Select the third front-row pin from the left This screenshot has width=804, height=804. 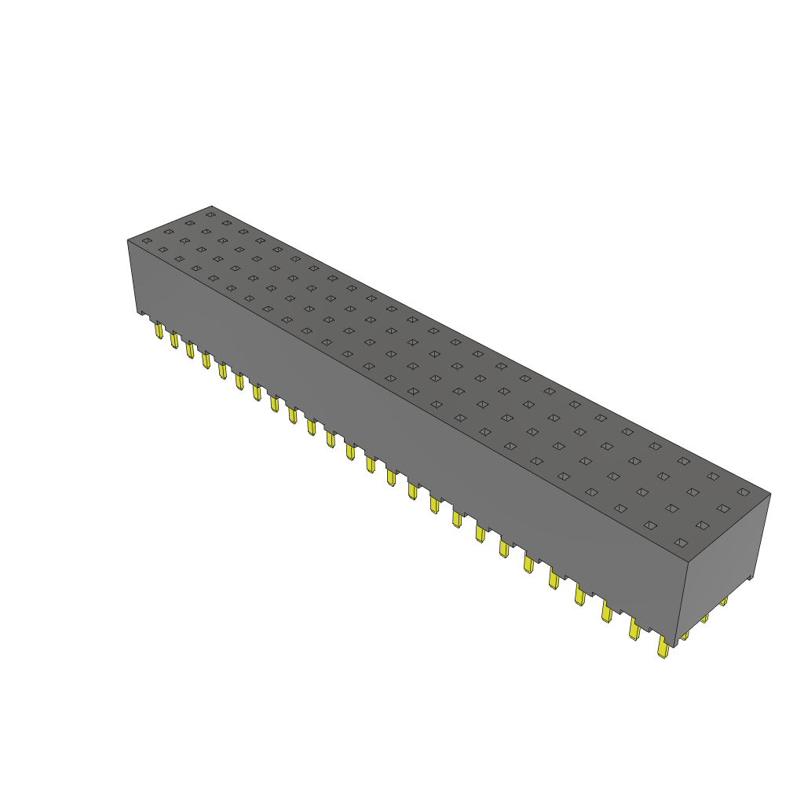click(x=189, y=349)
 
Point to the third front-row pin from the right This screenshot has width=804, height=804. click(x=606, y=611)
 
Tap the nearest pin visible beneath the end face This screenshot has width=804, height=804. click(x=685, y=634)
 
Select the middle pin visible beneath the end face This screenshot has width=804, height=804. click(x=704, y=618)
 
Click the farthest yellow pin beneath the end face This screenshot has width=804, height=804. click(x=723, y=601)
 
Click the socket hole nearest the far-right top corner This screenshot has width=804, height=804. click(x=743, y=492)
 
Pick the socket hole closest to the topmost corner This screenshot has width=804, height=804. click(x=210, y=214)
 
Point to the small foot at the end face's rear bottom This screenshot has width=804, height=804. click(x=751, y=578)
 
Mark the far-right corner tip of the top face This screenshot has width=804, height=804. click(x=770, y=494)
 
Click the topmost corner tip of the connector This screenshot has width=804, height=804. click(x=212, y=206)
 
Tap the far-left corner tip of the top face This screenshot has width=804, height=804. click(x=128, y=239)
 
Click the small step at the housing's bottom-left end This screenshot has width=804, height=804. click(x=142, y=313)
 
